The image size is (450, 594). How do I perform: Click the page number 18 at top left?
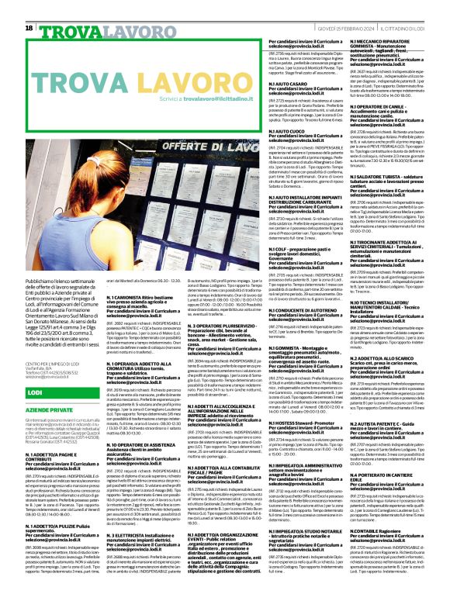[x=29, y=28]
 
